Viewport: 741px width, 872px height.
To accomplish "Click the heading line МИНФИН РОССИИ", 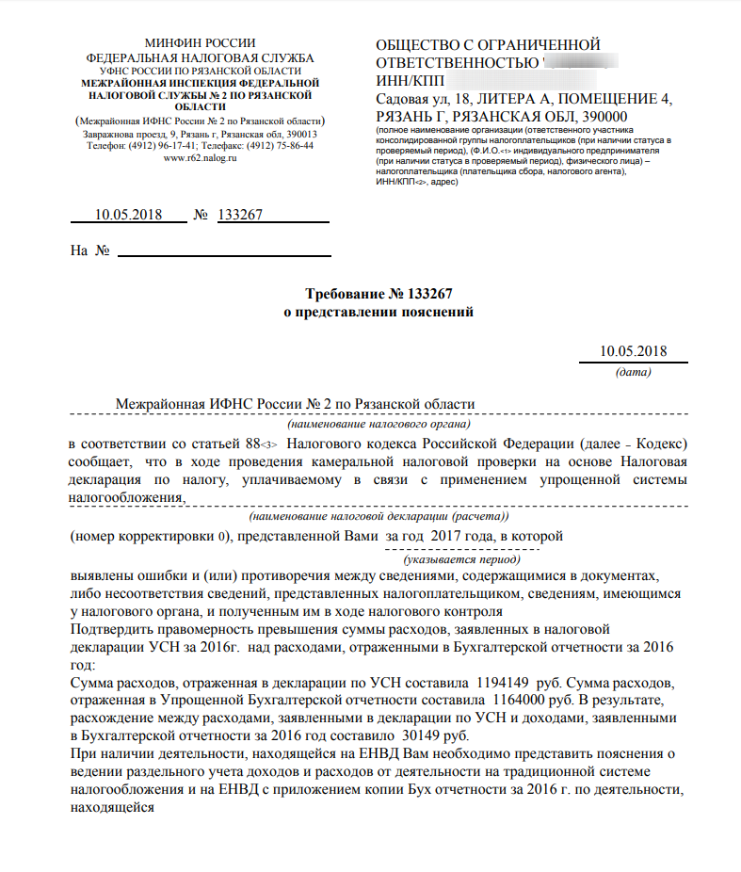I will pos(200,44).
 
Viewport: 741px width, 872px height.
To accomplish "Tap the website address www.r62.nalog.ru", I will pos(200,157).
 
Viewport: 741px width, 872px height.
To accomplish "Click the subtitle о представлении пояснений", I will pos(379,312).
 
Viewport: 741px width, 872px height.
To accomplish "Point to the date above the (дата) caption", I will pos(633,352).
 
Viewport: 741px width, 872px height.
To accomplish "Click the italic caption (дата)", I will pos(633,372).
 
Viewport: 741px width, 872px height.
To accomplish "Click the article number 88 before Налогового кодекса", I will pos(251,444).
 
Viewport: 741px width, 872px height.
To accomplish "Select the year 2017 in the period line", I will pos(446,536).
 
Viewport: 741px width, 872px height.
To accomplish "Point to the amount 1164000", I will pos(517,700).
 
